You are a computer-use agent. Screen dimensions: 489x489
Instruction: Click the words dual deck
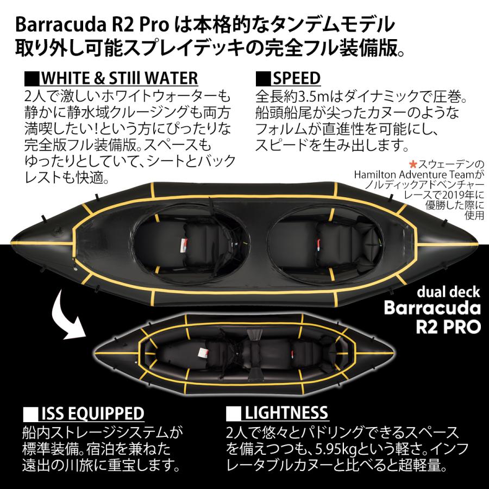point(449,292)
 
